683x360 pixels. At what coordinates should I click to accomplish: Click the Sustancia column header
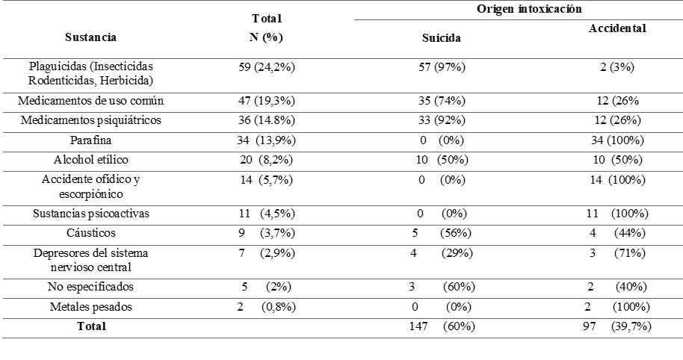pos(90,37)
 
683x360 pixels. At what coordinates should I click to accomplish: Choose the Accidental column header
pos(617,28)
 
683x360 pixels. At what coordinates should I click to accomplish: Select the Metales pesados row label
pos(90,307)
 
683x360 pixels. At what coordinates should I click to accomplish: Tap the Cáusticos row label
pos(90,232)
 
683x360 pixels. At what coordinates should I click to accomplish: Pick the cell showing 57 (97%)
pos(442,67)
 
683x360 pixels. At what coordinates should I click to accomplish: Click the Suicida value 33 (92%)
pos(442,120)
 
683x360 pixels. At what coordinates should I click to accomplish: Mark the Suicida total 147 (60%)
pos(442,326)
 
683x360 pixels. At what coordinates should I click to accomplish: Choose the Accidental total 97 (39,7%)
pos(617,326)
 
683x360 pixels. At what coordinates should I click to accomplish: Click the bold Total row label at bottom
pos(90,326)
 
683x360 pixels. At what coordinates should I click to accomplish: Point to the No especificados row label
pos(90,287)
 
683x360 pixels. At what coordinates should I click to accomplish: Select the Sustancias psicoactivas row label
pos(90,214)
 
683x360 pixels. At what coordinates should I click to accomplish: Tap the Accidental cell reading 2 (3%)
pos(617,67)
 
